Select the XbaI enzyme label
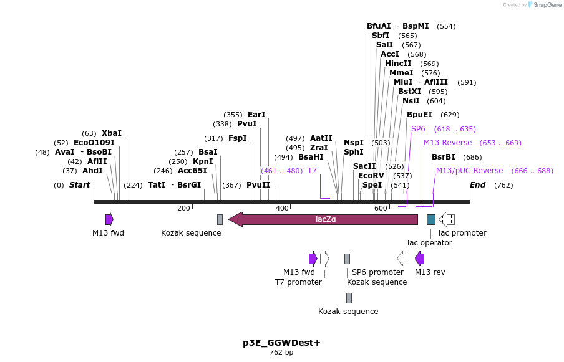click(112, 133)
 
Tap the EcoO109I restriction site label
click(94, 143)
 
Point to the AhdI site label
click(92, 171)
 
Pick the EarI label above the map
click(256, 115)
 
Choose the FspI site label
click(237, 138)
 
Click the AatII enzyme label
click(321, 138)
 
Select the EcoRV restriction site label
click(371, 176)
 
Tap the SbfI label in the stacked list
click(381, 36)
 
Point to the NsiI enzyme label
click(411, 101)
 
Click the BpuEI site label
click(419, 115)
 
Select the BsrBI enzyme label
click(444, 157)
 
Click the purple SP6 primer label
click(418, 129)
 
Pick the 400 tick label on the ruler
click(282, 208)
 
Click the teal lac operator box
click(431, 219)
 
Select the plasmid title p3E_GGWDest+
click(281, 343)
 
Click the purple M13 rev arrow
click(420, 259)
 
